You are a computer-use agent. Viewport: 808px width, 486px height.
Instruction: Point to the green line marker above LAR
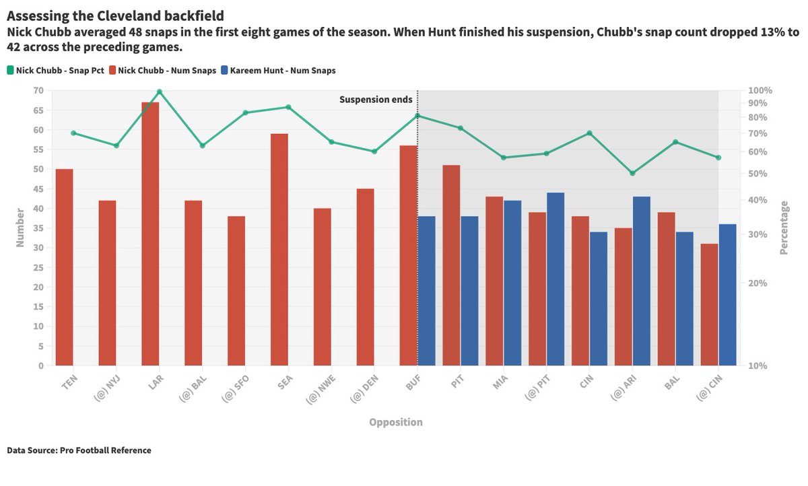160,92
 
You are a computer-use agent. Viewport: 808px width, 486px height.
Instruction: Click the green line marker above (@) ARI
632,173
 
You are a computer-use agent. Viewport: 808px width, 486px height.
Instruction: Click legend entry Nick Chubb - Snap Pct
60,70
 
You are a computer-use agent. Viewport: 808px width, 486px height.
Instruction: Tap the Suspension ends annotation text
376,100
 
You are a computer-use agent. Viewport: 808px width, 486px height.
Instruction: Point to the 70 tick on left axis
38,90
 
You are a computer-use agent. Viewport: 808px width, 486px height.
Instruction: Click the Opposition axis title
396,423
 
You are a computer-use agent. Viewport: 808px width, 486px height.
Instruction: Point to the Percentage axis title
783,228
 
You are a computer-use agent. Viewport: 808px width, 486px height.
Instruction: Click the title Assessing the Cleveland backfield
115,15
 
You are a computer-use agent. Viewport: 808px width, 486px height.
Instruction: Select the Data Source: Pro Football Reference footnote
79,450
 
